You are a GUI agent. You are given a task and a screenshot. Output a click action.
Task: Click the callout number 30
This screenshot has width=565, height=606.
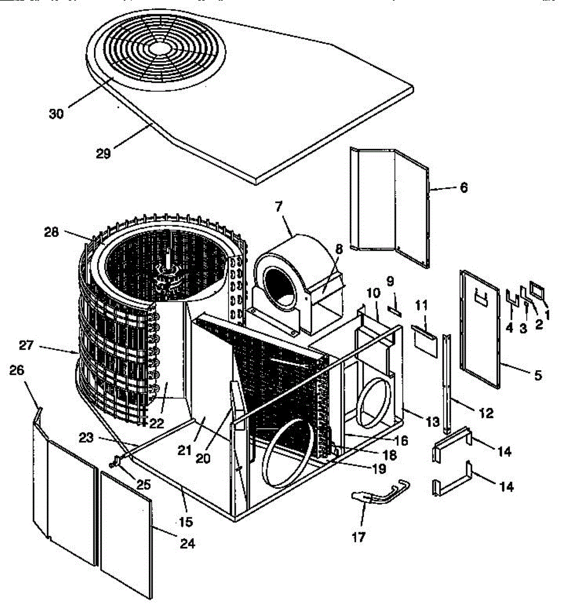tap(56, 114)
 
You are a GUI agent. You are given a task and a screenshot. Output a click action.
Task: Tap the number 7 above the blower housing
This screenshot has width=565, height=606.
tap(279, 206)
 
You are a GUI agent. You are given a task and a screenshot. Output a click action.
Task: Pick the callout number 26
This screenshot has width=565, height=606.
tap(17, 370)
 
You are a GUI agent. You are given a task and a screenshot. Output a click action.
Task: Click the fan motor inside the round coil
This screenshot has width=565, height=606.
tap(169, 275)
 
